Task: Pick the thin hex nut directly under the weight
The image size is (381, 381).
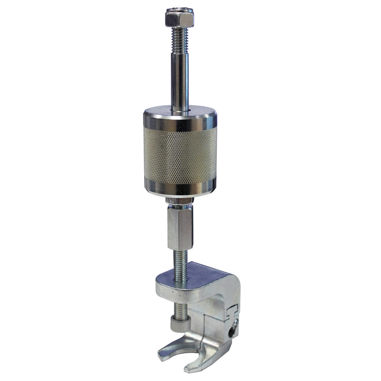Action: coord(179,203)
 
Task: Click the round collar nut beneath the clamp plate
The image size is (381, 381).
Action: coord(179,324)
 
